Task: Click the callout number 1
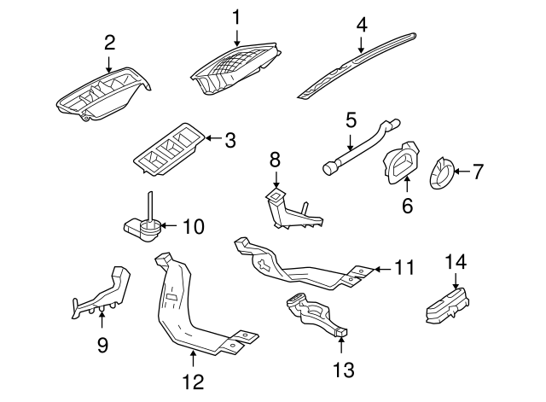tap(237, 16)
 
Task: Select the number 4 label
tap(362, 25)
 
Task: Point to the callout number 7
tap(478, 172)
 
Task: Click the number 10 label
tap(194, 227)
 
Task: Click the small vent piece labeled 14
tap(450, 304)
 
